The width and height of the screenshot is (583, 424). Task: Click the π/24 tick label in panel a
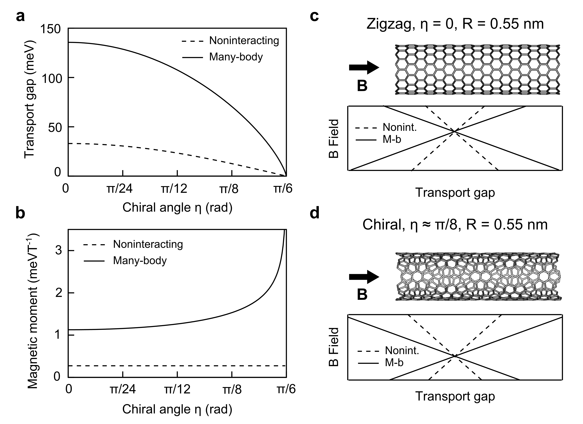click(119, 189)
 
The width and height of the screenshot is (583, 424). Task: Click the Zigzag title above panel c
click(455, 24)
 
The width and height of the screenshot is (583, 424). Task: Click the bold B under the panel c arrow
click(362, 86)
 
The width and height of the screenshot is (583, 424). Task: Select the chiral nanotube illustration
click(478, 276)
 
